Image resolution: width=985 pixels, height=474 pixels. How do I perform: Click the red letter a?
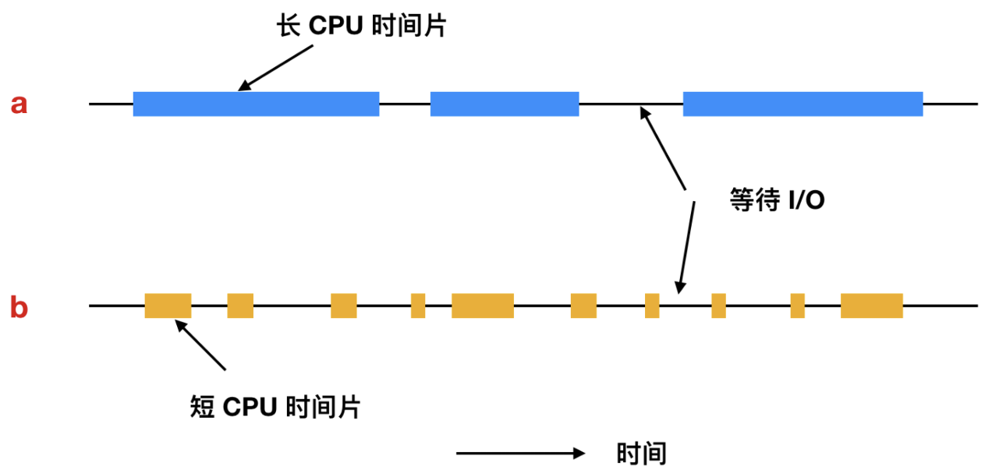pyautogui.click(x=19, y=104)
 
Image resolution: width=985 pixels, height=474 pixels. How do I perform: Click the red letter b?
pyautogui.click(x=19, y=308)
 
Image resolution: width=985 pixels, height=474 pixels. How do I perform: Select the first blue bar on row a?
pyautogui.click(x=256, y=104)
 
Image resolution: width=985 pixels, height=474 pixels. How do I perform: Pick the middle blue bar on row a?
pyautogui.click(x=505, y=104)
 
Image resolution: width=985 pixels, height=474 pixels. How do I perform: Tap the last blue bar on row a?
pyautogui.click(x=803, y=104)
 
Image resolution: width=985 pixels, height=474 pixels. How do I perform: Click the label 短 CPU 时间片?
pyautogui.click(x=275, y=406)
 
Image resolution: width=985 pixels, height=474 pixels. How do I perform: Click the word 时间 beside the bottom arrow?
pyautogui.click(x=641, y=453)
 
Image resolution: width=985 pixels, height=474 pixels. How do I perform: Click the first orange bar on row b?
pyautogui.click(x=168, y=306)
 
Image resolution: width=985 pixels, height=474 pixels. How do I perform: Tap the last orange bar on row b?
pyautogui.click(x=871, y=306)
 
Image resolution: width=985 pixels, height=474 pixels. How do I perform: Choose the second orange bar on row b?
pyautogui.click(x=240, y=306)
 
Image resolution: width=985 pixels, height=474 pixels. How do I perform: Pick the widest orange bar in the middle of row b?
pyautogui.click(x=482, y=306)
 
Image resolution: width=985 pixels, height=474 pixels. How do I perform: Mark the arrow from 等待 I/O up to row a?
pyautogui.click(x=662, y=148)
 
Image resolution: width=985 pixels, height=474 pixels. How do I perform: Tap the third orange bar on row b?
pyautogui.click(x=343, y=306)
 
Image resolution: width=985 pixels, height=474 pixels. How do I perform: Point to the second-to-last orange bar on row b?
pyautogui.click(x=797, y=306)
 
